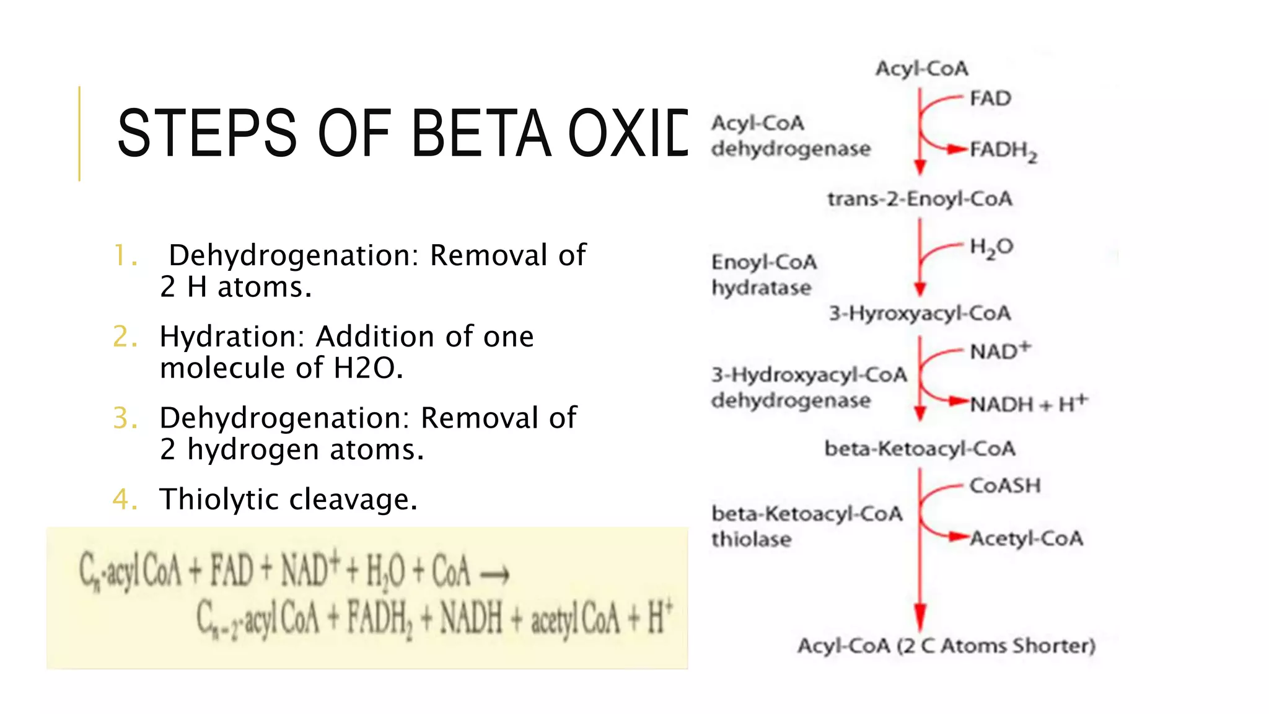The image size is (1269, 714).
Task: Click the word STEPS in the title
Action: [207, 133]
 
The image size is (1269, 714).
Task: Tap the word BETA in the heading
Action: [480, 133]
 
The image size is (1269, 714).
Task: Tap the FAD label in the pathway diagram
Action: [990, 99]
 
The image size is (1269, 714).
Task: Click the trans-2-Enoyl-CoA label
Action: [920, 199]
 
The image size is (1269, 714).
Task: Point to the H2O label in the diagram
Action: [991, 248]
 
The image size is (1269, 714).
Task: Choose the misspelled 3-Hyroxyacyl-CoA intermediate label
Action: [920, 313]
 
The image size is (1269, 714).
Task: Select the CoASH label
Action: [1004, 486]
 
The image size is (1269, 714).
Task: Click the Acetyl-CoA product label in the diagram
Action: [1026, 538]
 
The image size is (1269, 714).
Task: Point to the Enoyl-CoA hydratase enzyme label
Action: [763, 275]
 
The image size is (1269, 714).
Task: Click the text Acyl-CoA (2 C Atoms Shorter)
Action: [946, 646]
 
